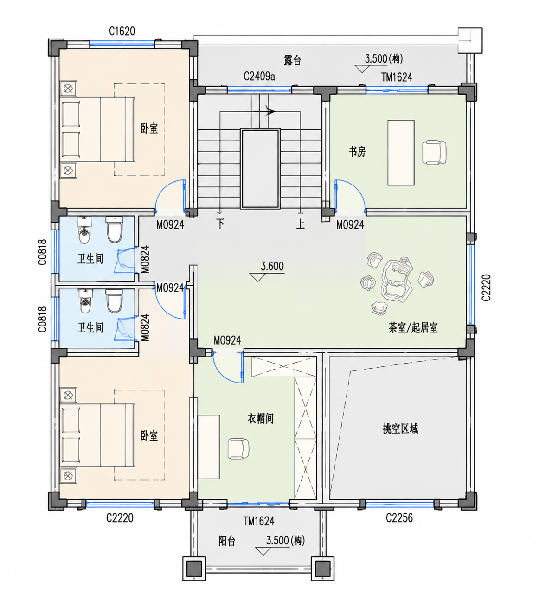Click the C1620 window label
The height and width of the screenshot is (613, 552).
[x=122, y=31]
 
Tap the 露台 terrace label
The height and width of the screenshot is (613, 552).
[x=292, y=60]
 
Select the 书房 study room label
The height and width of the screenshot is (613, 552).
[x=357, y=152]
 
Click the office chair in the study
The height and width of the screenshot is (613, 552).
[x=434, y=152]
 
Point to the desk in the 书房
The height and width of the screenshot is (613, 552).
[x=401, y=153]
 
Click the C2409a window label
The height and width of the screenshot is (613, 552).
[x=259, y=77]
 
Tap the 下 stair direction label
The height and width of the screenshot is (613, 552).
[x=220, y=224]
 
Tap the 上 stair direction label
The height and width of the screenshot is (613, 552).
[x=300, y=224]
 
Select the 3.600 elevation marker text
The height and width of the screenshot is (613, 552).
[x=272, y=266]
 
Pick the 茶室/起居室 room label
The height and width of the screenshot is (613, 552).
[x=413, y=328]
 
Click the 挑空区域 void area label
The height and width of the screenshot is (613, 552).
[x=400, y=429]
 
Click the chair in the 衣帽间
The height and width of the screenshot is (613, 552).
[x=238, y=448]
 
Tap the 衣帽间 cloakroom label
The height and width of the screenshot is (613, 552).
[x=261, y=418]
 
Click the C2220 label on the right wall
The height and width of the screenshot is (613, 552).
[x=486, y=287]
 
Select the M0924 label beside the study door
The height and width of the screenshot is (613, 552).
[x=350, y=225]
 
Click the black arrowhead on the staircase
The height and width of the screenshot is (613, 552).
[x=270, y=111]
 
